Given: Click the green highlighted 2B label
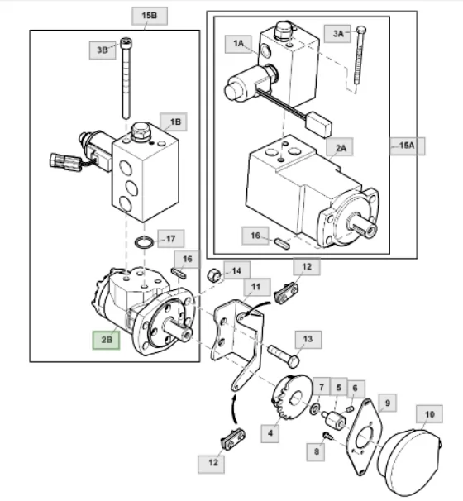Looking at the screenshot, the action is click(x=106, y=340).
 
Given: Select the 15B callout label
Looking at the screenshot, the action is click(x=150, y=16).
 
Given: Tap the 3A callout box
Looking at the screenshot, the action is click(x=337, y=34).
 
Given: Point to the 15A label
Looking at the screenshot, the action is click(x=408, y=146).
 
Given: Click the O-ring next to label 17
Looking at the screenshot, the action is click(x=144, y=242).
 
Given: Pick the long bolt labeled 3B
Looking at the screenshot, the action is click(x=126, y=79).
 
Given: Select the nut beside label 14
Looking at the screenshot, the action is click(x=214, y=275).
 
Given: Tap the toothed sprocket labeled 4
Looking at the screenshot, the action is click(x=291, y=397).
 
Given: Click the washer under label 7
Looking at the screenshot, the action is click(x=315, y=409).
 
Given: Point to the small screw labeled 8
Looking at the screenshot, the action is click(x=327, y=435).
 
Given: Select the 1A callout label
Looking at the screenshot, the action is click(x=238, y=44).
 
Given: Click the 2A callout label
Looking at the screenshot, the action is click(x=340, y=147).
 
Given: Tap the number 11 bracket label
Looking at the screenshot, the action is click(x=257, y=287).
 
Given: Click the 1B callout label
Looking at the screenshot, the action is click(x=174, y=122).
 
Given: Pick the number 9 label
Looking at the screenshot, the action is click(x=388, y=403).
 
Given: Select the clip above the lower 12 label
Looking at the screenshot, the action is click(x=233, y=439).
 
